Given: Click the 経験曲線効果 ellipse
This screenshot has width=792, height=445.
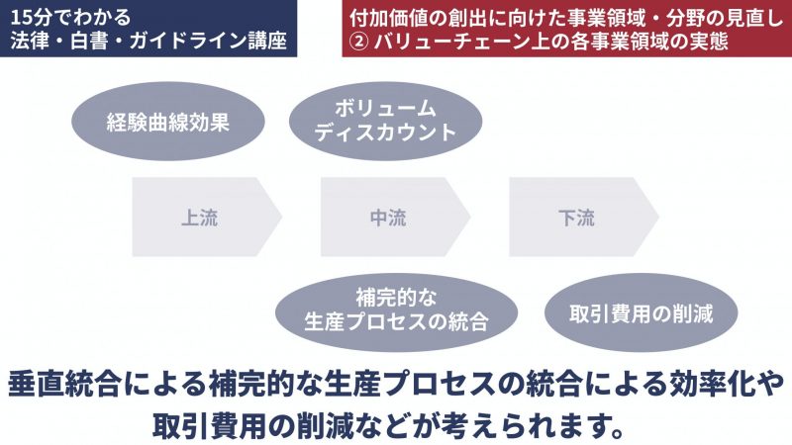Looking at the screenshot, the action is [168, 122].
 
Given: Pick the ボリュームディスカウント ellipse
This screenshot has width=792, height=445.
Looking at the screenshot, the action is [385, 122].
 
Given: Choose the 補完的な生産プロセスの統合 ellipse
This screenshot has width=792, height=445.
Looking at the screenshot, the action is [397, 312].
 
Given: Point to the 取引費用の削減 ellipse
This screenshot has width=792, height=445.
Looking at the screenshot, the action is [641, 312].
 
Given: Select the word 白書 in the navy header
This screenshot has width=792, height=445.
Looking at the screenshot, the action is [89, 41].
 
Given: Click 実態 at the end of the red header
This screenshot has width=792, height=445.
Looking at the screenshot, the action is [709, 41].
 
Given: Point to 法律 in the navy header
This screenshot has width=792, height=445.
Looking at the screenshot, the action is [30, 41].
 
